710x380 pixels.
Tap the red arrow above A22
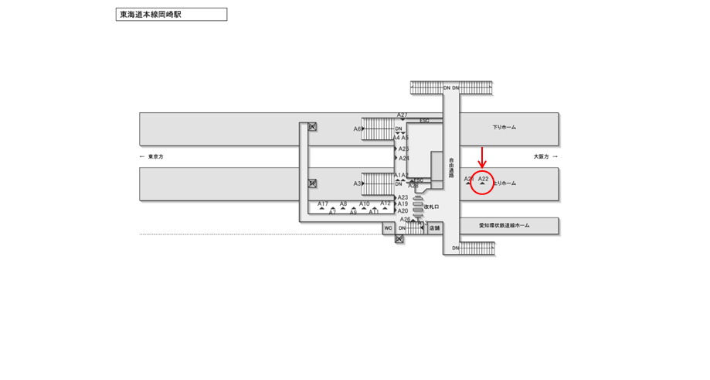[x=482, y=157]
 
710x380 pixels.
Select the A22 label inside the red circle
[x=483, y=179]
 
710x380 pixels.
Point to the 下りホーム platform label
[x=504, y=128]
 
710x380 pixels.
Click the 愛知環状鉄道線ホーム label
[x=504, y=225]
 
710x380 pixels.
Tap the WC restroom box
[x=389, y=228]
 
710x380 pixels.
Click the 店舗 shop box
[x=434, y=228]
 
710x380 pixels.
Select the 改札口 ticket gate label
[x=431, y=207]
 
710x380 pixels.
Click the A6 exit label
[x=358, y=129]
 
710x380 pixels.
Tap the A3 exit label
[x=358, y=183]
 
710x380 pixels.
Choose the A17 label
[x=323, y=204]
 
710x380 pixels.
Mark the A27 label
[x=403, y=115]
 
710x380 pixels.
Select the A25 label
[x=403, y=149]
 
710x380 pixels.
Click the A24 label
[x=404, y=159]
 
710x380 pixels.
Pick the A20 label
[x=403, y=211]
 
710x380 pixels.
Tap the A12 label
[x=385, y=203]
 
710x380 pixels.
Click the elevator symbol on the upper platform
[x=312, y=127]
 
